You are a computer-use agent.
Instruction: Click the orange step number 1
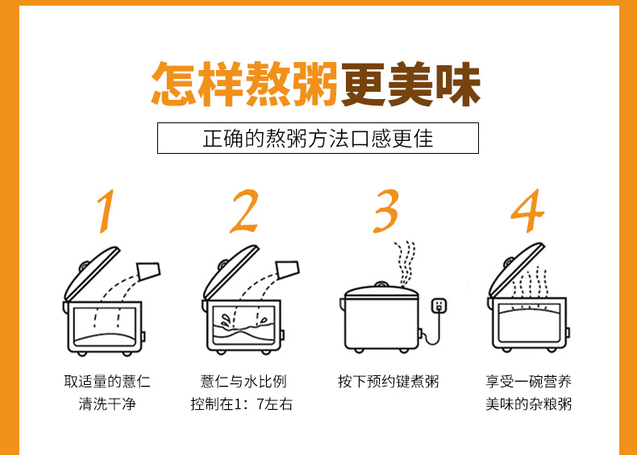pyautogui.click(x=106, y=211)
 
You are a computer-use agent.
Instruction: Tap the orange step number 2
pyautogui.click(x=244, y=211)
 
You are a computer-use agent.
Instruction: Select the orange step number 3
pyautogui.click(x=386, y=211)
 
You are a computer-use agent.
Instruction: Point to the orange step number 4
pyautogui.click(x=527, y=211)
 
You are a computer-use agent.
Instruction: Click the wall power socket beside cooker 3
pyautogui.click(x=439, y=306)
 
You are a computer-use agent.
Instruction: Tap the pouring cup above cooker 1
pyautogui.click(x=149, y=271)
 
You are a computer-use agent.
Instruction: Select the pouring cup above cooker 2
pyautogui.click(x=288, y=270)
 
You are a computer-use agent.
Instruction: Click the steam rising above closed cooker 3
pyautogui.click(x=405, y=263)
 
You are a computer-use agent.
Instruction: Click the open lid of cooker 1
pyautogui.click(x=92, y=274)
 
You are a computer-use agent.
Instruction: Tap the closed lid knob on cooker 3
pyautogui.click(x=381, y=283)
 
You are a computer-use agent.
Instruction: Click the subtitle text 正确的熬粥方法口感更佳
pyautogui.click(x=318, y=139)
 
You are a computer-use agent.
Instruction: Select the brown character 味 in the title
pyautogui.click(x=458, y=84)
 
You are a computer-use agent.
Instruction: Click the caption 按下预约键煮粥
pyautogui.click(x=389, y=382)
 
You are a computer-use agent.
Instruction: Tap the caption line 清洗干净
pyautogui.click(x=107, y=403)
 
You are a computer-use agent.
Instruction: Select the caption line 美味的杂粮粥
pyautogui.click(x=528, y=403)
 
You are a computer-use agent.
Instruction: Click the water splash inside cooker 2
pyautogui.click(x=225, y=321)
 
